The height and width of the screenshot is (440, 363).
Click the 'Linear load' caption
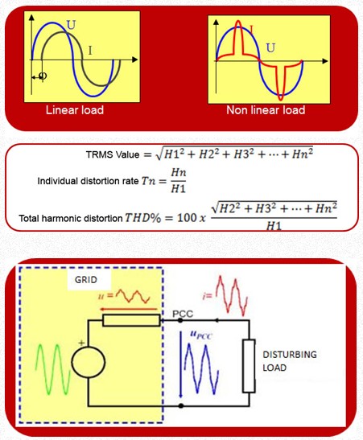(x=75, y=109)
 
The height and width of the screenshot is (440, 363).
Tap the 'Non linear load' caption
(x=266, y=109)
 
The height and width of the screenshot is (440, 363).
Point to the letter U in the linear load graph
(x=71, y=25)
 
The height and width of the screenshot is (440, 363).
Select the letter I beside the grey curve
(x=90, y=51)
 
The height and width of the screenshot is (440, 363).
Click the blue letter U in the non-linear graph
(x=270, y=48)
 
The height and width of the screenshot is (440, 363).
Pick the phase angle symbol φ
(x=43, y=76)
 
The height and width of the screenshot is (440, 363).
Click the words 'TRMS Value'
(x=113, y=154)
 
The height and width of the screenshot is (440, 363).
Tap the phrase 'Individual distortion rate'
(x=88, y=181)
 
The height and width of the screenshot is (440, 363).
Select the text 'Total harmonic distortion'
(x=71, y=218)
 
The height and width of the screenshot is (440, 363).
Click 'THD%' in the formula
(x=143, y=218)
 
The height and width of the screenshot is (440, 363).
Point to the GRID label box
(x=86, y=280)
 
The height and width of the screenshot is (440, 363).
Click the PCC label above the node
(x=183, y=314)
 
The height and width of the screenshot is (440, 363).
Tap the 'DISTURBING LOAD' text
(x=290, y=361)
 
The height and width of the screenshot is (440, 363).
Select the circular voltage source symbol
(x=89, y=362)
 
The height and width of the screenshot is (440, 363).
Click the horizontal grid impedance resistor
(x=131, y=320)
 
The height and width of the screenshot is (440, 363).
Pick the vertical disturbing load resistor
(x=249, y=366)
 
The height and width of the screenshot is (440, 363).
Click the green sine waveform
(x=52, y=369)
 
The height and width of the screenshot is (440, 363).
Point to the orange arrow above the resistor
(x=128, y=309)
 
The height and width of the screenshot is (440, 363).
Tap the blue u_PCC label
(x=201, y=335)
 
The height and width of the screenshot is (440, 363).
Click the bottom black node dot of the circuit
(x=181, y=405)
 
